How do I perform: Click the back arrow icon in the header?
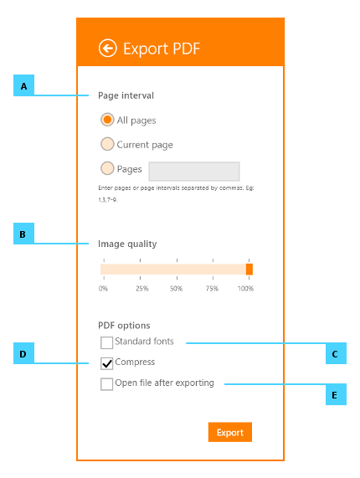point(108,49)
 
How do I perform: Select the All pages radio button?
point(107,120)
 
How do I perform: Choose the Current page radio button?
point(107,144)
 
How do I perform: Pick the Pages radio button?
point(107,168)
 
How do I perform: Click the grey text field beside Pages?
point(194,172)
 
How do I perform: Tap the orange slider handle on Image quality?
point(249,270)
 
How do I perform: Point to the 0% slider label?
point(103,288)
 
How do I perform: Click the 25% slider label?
point(142,288)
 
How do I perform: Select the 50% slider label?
point(176,288)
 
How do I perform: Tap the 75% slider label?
point(212,288)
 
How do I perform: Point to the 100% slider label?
point(245,288)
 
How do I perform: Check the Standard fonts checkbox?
point(106,342)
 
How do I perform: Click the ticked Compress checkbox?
point(106,363)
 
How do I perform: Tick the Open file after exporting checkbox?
point(106,384)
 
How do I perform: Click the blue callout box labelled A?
point(23,85)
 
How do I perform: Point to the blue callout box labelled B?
point(23,234)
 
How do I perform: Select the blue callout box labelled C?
point(336,353)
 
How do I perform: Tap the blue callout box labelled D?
point(23,353)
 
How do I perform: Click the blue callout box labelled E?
point(336,394)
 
